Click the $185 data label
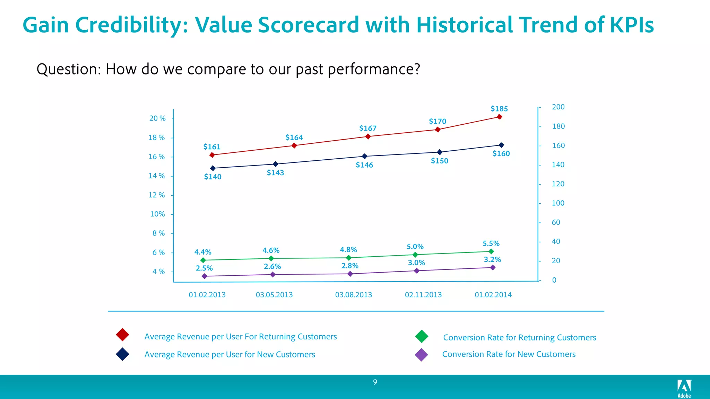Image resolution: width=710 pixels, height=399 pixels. click(499, 109)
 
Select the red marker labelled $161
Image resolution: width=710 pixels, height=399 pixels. click(212, 155)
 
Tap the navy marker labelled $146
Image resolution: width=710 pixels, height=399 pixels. click(364, 157)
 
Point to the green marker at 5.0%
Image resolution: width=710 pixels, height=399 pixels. click(415, 255)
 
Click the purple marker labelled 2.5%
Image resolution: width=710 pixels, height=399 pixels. click(204, 276)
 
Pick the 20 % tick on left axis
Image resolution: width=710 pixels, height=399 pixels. click(157, 118)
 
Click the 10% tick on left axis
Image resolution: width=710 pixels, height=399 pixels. click(157, 214)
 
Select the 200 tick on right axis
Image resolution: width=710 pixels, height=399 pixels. click(558, 107)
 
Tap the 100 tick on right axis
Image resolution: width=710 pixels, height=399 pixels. click(558, 203)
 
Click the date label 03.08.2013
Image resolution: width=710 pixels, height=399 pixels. click(353, 295)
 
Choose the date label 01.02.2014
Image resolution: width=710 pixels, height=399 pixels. click(493, 295)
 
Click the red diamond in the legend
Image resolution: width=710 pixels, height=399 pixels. click(123, 335)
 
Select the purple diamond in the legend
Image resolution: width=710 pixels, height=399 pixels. click(421, 355)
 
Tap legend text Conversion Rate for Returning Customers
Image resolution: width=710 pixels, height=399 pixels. click(519, 337)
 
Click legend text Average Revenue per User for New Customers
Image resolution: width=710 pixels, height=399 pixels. click(230, 354)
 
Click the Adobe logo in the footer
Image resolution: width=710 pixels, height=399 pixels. click(684, 388)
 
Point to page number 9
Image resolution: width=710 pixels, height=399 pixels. click(375, 382)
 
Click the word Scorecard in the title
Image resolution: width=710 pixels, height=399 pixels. click(308, 25)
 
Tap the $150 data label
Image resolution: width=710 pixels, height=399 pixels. click(439, 161)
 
